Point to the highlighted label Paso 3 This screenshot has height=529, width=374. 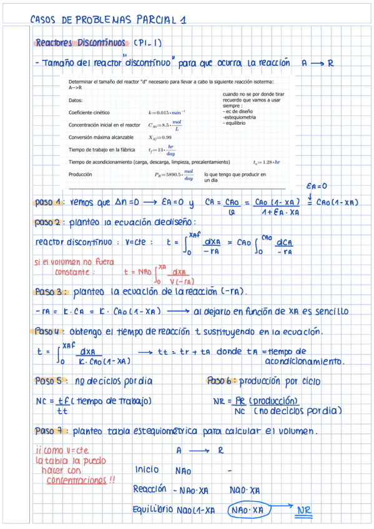click(48, 291)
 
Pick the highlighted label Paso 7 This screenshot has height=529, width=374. click(48, 430)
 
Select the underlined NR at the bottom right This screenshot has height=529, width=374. click(303, 510)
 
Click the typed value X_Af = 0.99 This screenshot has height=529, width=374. click(160, 137)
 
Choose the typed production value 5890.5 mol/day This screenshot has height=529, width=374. click(174, 175)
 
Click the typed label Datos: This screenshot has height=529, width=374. click(76, 100)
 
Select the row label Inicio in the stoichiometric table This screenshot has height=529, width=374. click(147, 470)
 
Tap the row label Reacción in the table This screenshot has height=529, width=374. click(149, 488)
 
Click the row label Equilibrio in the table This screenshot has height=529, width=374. click(152, 510)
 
